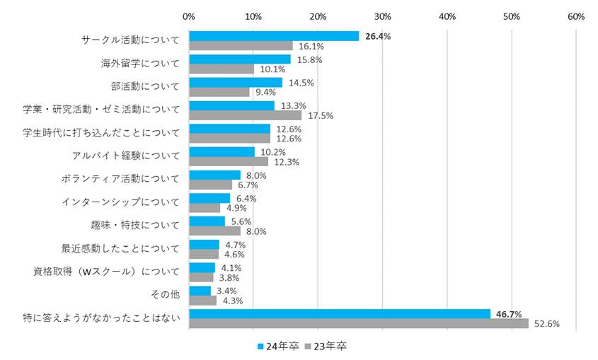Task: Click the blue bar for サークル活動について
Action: coord(274,36)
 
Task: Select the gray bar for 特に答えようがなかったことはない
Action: coord(359,324)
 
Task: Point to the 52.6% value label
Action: coord(548,325)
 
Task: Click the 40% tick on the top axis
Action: coord(447,15)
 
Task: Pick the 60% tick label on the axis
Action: coord(576,15)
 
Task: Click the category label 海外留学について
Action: coord(139,64)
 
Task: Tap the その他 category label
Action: coord(166,294)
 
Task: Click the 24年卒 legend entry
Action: coord(276,347)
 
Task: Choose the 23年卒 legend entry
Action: coord(326,347)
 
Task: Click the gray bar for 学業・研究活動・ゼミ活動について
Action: coord(246,115)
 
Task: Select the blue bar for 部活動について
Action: coord(236,82)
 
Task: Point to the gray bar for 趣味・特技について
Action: coord(214,231)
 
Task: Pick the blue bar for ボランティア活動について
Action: coord(214,175)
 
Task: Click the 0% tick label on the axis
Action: coord(189,15)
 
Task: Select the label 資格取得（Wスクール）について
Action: coord(105,271)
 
